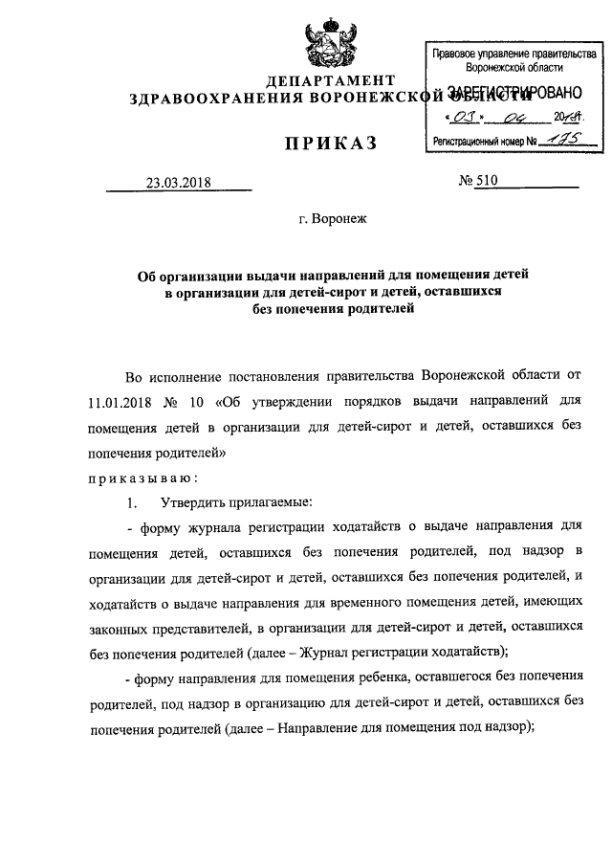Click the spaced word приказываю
143,477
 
